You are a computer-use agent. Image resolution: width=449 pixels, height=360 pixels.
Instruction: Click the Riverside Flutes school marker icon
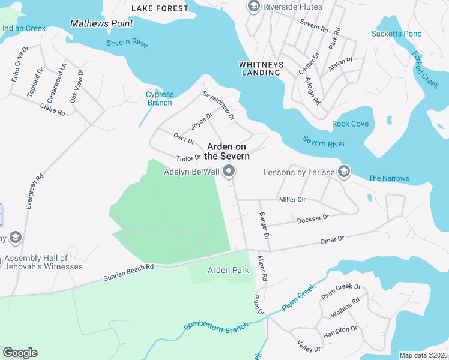(253, 7)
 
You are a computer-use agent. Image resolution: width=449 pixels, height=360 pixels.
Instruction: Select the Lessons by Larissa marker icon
(344, 173)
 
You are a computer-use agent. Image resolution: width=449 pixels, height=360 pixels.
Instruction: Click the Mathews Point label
(101, 23)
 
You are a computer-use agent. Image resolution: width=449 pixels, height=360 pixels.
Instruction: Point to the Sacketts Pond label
(396, 34)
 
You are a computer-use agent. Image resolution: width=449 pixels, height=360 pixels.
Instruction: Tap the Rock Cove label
(350, 124)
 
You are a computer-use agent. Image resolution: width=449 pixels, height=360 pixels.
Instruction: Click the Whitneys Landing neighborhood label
(260, 68)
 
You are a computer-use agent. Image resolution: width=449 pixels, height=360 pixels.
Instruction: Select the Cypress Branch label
(160, 98)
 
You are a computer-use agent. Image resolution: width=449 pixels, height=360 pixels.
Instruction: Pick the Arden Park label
(228, 271)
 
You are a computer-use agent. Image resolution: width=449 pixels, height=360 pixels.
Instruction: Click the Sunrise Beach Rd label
(128, 272)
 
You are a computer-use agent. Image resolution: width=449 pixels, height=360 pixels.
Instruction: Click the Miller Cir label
(292, 199)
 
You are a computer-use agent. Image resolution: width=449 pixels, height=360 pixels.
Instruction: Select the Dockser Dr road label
(313, 220)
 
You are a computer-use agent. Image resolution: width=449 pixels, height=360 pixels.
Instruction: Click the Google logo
(20, 353)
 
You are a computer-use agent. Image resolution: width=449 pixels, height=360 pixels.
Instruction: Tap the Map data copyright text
(423, 355)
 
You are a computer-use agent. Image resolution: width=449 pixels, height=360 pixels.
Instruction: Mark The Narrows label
(388, 178)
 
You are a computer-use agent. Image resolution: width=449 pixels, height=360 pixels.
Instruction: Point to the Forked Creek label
(425, 70)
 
